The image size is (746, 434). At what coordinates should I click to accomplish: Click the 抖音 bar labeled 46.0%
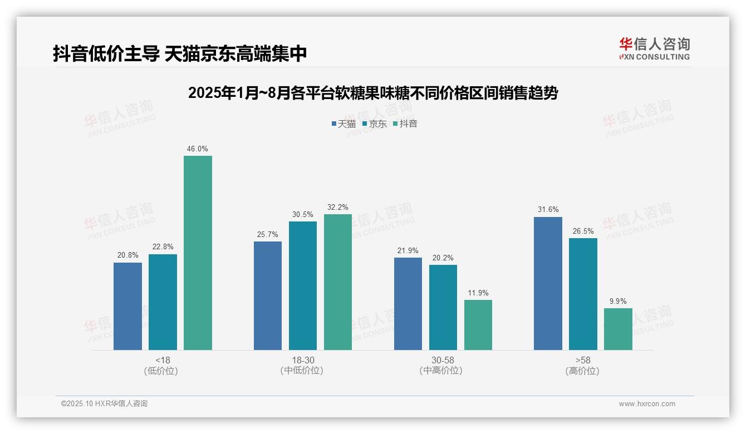tap(198, 253)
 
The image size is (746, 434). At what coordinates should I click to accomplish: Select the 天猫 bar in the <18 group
tap(127, 306)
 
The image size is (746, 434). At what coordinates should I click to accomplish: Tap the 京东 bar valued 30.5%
tap(302, 285)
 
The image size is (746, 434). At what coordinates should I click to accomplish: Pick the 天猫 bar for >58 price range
tap(548, 283)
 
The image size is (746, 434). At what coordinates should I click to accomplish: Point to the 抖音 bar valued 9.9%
tap(618, 329)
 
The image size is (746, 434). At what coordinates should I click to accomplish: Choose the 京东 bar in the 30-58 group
tap(443, 307)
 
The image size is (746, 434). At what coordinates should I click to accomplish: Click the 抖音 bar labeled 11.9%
tap(478, 325)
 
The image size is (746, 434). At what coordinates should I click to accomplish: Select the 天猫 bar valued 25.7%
tap(267, 295)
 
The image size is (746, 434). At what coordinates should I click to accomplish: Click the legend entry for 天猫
tap(343, 124)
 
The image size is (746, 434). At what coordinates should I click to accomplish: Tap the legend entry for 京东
tap(374, 124)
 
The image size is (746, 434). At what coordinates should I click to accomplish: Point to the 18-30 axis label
tap(302, 360)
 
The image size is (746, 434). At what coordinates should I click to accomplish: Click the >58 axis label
tap(582, 360)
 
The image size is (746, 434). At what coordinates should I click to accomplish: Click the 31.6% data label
tap(548, 209)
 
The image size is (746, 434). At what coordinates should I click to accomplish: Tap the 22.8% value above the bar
tap(163, 246)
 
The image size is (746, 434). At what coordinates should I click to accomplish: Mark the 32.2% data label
tap(337, 207)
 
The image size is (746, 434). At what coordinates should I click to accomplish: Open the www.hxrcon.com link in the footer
tap(646, 404)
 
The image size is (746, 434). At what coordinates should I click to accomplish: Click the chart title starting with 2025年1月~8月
tap(372, 93)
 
